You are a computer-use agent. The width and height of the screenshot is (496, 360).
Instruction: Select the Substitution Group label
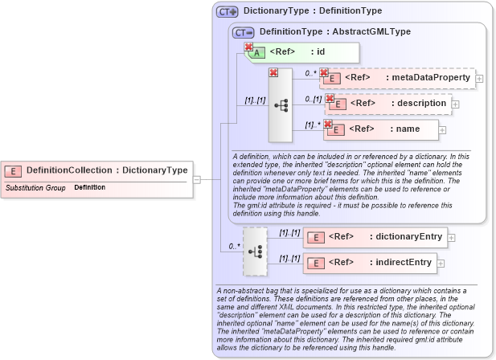[x=35, y=187]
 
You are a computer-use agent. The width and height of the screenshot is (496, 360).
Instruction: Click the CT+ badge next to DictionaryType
[x=228, y=12]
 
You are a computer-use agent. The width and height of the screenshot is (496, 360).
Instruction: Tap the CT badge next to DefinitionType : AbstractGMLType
[x=243, y=32]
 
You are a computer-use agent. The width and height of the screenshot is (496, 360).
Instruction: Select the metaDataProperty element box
[x=397, y=78]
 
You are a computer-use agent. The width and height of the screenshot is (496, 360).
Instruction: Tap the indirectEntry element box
[x=371, y=263]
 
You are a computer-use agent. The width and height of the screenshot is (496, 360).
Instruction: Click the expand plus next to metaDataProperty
[x=479, y=79]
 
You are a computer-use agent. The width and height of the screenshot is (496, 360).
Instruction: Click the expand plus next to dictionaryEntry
[x=450, y=238]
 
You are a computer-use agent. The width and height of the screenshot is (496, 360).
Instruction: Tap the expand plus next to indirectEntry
[x=439, y=264]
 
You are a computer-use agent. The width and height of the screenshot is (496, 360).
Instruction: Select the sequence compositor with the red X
[x=281, y=105]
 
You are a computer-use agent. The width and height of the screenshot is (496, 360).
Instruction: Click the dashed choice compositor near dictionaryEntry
[x=255, y=251]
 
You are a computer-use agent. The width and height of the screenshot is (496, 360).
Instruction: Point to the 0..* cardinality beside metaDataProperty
[x=310, y=73]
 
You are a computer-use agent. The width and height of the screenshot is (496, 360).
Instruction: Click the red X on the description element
[x=330, y=99]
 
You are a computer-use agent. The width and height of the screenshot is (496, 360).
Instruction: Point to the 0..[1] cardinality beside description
[x=313, y=99]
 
